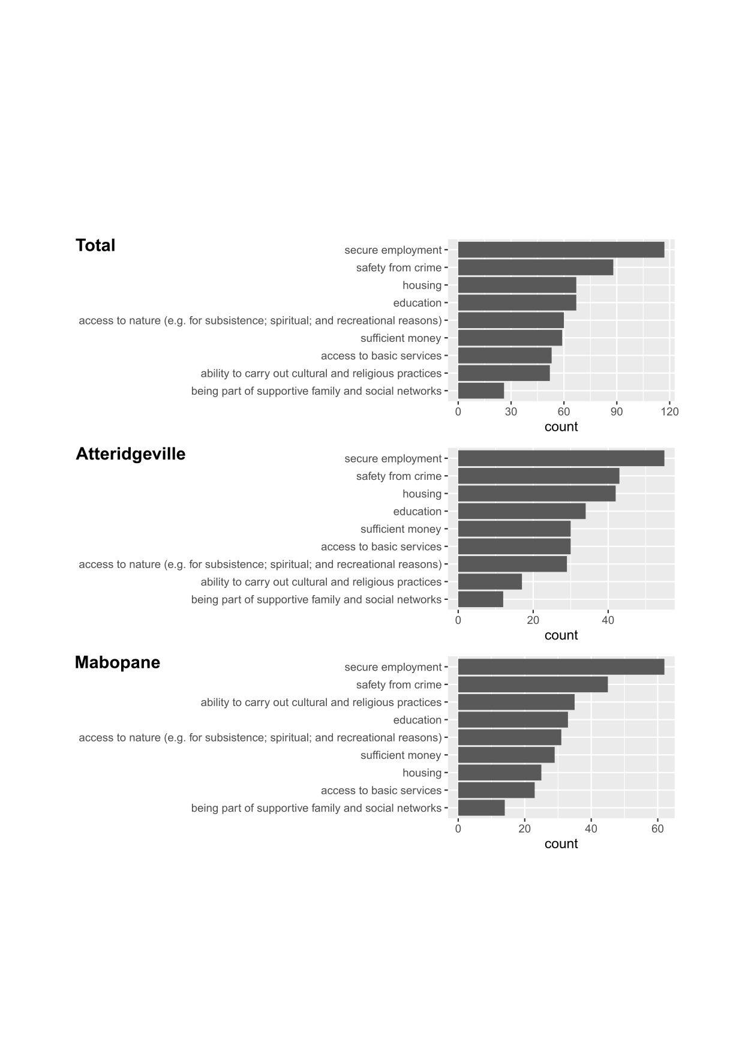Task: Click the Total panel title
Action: [x=95, y=245]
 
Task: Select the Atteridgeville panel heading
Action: [x=130, y=454]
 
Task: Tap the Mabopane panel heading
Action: [x=118, y=662]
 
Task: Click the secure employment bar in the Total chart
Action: [x=561, y=250]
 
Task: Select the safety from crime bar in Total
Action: [x=535, y=268]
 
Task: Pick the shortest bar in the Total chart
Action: [x=481, y=391]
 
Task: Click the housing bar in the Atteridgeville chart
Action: [x=536, y=494]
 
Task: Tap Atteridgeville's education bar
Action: [x=521, y=511]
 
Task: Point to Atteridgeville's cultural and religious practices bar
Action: [x=489, y=582]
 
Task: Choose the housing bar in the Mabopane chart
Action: [x=499, y=773]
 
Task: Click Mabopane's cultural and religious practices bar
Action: [x=516, y=702]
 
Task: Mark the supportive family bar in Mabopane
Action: [x=481, y=808]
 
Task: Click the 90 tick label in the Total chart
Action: [x=617, y=412]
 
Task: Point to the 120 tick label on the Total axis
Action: [x=669, y=412]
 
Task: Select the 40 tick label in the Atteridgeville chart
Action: [x=608, y=620]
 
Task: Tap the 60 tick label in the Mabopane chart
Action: [x=657, y=828]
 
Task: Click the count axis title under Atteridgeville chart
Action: [x=561, y=635]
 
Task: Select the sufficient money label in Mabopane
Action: [x=401, y=755]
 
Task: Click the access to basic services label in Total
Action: [x=381, y=356]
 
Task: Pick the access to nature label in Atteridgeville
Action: [x=260, y=564]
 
